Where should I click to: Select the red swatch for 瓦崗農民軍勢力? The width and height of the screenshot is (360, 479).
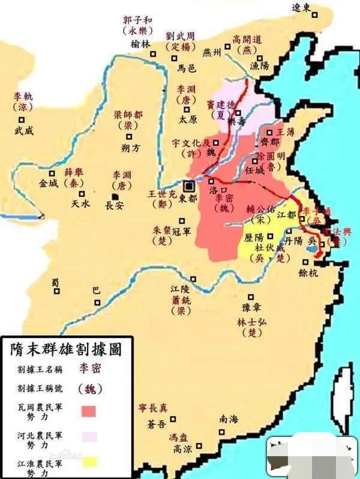[x=89, y=410]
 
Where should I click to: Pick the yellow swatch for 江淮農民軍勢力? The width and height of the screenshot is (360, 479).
[x=89, y=461]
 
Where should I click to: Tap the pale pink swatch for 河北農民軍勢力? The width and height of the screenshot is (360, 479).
[x=89, y=436]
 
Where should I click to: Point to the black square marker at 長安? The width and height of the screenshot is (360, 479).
[x=113, y=197]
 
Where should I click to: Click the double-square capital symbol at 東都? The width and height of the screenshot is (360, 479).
[x=189, y=185]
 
